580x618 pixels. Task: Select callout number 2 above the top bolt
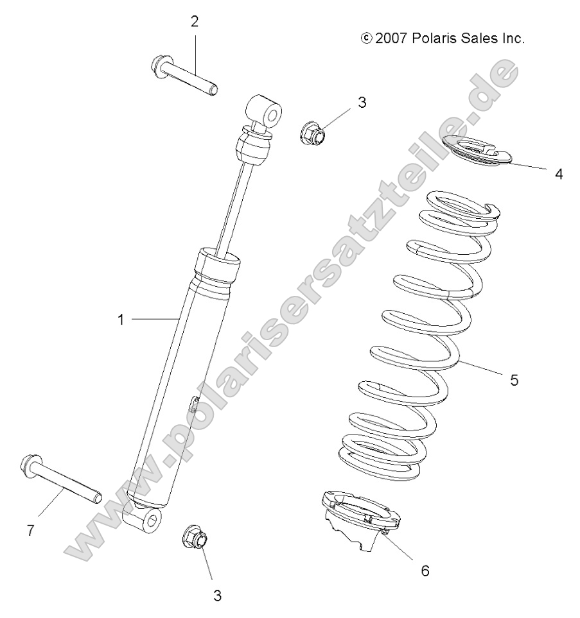click(x=194, y=22)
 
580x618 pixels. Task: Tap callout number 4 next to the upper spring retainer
click(x=559, y=173)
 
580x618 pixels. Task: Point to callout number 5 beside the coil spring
click(x=514, y=380)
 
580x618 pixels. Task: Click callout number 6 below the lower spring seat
click(x=425, y=570)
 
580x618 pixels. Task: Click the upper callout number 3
click(x=362, y=102)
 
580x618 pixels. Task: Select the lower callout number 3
click(x=217, y=596)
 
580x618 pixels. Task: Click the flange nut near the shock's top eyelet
click(x=313, y=133)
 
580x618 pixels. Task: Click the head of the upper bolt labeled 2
click(x=159, y=65)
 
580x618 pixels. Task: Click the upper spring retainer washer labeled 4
click(x=484, y=151)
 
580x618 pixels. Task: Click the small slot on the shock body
click(x=192, y=405)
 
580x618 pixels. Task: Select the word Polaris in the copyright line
click(x=437, y=39)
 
